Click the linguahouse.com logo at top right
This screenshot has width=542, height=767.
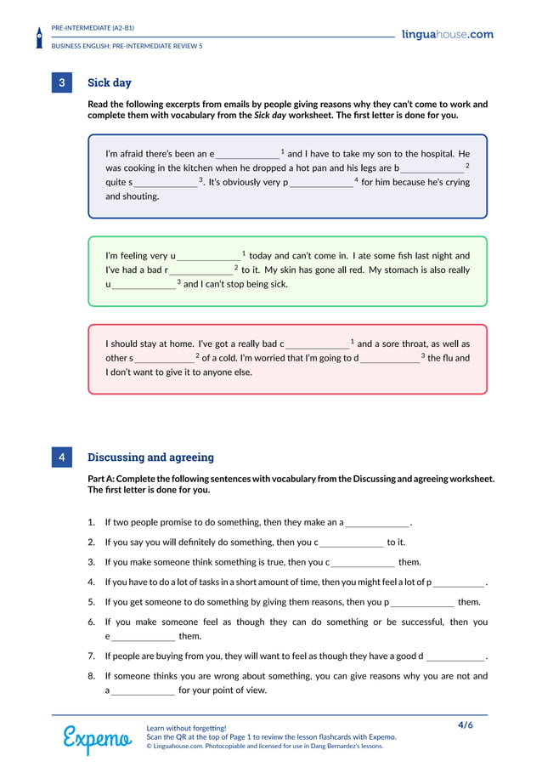[447, 35]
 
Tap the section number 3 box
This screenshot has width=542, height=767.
[62, 83]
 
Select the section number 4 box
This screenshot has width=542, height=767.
[62, 457]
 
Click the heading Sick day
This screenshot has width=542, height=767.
[110, 83]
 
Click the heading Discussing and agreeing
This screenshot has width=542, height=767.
[150, 457]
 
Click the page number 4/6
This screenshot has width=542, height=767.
[466, 725]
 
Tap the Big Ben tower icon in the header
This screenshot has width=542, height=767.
[39, 37]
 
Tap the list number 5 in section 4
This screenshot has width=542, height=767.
[91, 602]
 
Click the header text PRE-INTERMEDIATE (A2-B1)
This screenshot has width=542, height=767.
[93, 28]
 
